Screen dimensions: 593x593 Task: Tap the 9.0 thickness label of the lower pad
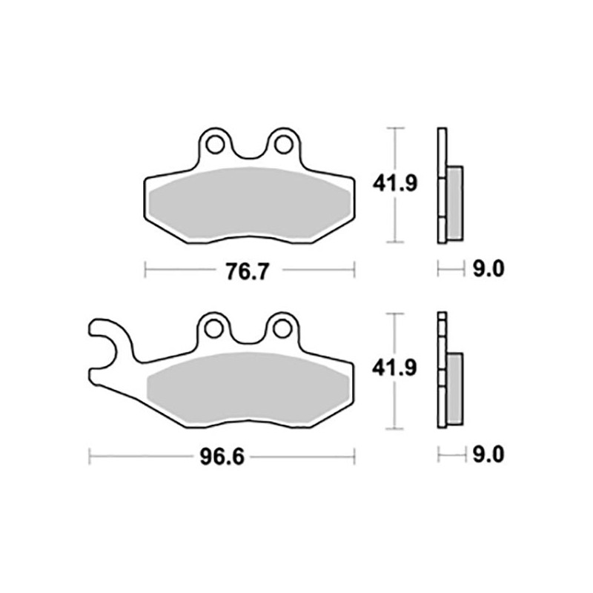click(x=488, y=454)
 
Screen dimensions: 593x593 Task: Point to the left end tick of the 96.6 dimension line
click(x=89, y=456)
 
